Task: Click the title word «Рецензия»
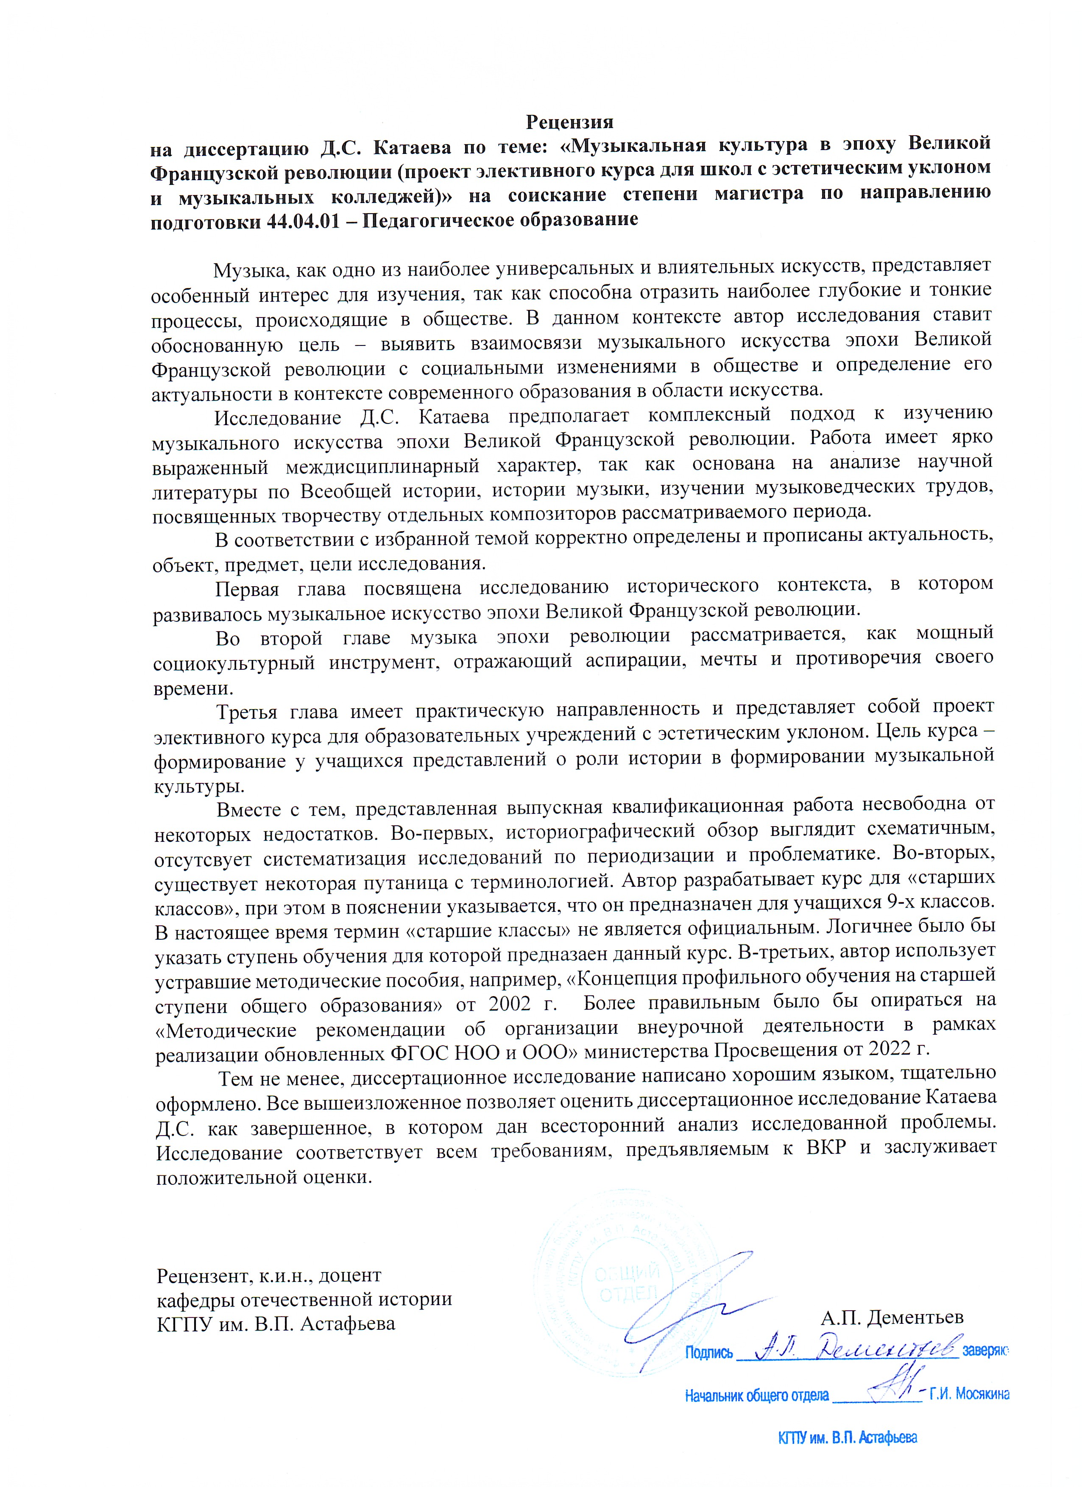pyautogui.click(x=569, y=122)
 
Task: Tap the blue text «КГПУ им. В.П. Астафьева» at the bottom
pyautogui.click(x=847, y=1438)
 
